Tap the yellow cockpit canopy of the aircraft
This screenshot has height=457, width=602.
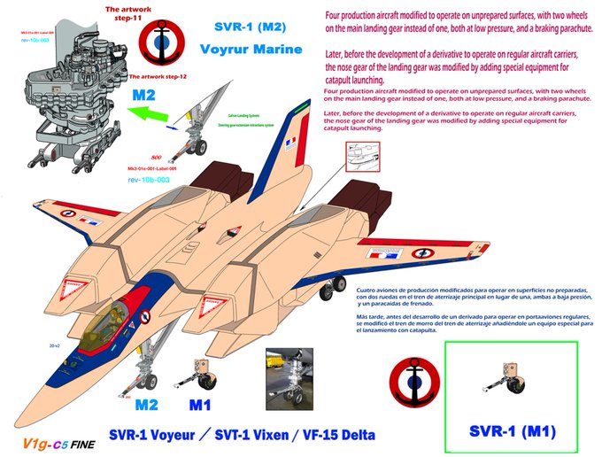pyautogui.click(x=103, y=325)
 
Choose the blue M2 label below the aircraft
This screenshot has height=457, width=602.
pyautogui.click(x=147, y=406)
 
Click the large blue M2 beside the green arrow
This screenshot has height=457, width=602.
pyautogui.click(x=145, y=95)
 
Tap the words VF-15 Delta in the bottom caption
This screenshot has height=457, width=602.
pyautogui.click(x=336, y=435)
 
